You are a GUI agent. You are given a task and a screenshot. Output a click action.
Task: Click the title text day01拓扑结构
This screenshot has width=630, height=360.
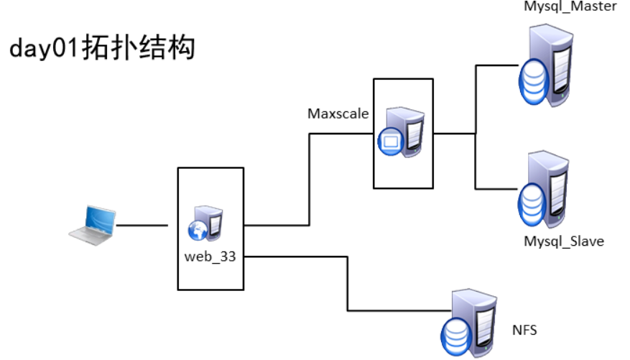[102, 49]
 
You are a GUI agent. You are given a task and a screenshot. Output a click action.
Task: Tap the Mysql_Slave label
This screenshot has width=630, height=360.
[563, 241]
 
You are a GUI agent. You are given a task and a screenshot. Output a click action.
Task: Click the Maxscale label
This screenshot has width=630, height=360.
[338, 114]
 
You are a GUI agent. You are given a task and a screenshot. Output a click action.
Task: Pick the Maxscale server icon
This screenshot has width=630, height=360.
[402, 132]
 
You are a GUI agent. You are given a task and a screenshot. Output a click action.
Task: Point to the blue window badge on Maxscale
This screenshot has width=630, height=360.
[391, 142]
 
